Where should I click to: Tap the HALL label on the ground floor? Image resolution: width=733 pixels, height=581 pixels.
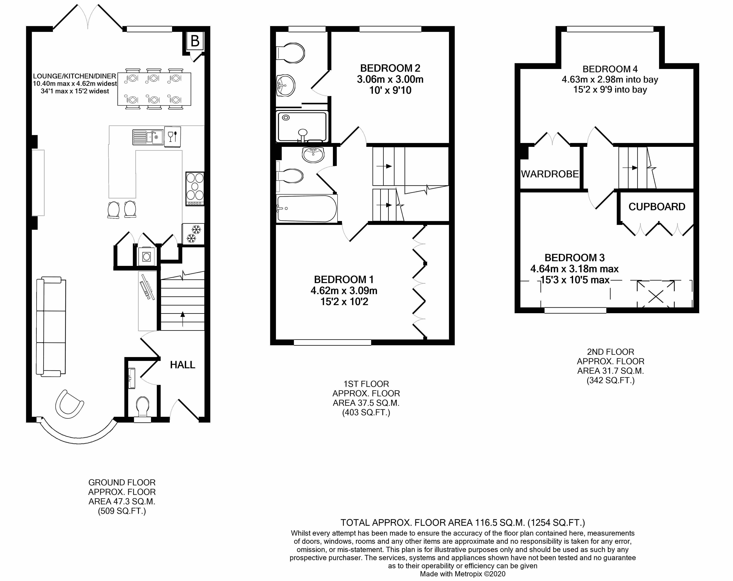tap(182, 365)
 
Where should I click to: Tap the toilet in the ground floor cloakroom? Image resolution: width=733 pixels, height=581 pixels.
tap(143, 406)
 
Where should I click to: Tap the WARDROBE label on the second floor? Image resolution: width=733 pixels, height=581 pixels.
tap(550, 174)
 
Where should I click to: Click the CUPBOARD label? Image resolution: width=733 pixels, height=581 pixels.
tap(657, 207)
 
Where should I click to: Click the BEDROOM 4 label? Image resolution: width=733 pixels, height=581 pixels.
tap(610, 69)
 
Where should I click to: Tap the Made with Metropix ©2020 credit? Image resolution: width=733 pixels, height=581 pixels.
tap(462, 574)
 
